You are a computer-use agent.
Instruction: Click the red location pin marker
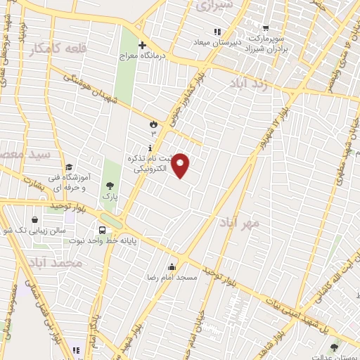(x=181, y=165)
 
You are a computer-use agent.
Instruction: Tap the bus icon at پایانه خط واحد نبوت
(x=103, y=229)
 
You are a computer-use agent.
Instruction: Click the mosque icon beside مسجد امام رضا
(x=172, y=266)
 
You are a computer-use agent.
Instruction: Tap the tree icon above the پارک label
(x=109, y=186)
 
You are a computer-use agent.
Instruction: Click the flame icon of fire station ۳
(x=153, y=124)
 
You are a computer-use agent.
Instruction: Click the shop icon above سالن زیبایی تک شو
(x=35, y=219)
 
